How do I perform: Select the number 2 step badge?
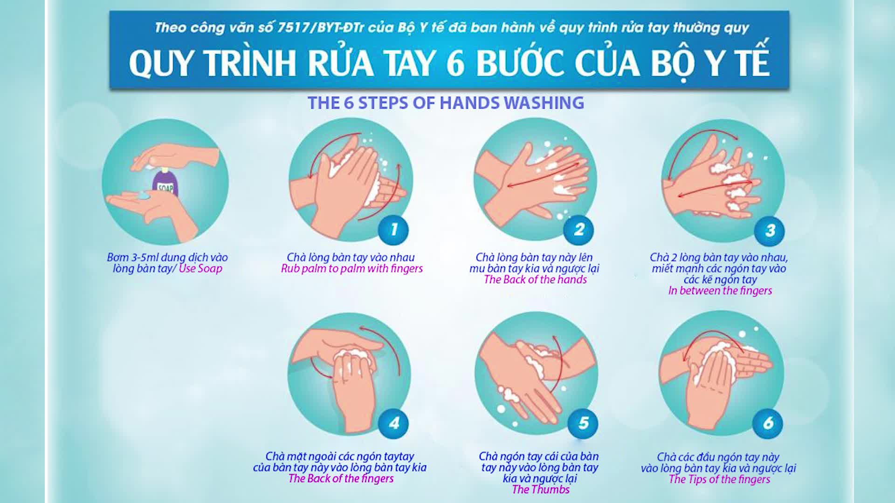pos(579,230)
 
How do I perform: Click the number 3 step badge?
pos(770,231)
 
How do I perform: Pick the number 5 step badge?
pos(583,423)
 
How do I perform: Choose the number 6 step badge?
pos(768,423)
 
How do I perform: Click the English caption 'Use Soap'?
pos(200,269)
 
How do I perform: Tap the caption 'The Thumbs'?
pos(541,489)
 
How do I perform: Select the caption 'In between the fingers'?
pos(720,291)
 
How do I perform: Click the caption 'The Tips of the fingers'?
pos(719,480)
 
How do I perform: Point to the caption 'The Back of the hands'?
pos(535,280)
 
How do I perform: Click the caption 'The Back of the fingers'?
pos(341,479)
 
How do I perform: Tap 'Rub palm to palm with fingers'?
pos(352,269)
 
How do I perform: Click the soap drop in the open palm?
pos(142,196)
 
